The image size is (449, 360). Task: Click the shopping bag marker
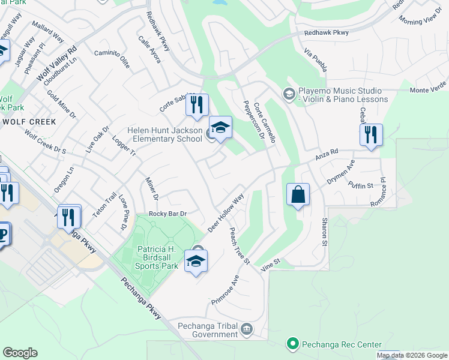pyautogui.click(x=298, y=195)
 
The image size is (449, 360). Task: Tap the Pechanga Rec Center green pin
pyautogui.click(x=293, y=344)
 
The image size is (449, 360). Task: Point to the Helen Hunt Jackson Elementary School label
pyautogui.click(x=164, y=134)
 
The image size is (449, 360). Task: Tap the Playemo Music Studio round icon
pyautogui.click(x=288, y=93)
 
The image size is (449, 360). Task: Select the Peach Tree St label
pyautogui.click(x=240, y=246)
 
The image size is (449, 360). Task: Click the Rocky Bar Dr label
pyautogui.click(x=169, y=214)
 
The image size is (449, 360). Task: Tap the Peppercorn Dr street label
pyautogui.click(x=254, y=120)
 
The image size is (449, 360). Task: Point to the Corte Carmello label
pyautogui.click(x=265, y=122)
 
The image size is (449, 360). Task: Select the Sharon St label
pyautogui.click(x=324, y=232)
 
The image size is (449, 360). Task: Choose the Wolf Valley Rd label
pyautogui.click(x=57, y=65)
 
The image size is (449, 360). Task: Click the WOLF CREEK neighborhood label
pyautogui.click(x=29, y=122)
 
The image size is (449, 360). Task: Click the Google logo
pyautogui.click(x=20, y=353)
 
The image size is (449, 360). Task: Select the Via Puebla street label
pyautogui.click(x=315, y=61)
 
